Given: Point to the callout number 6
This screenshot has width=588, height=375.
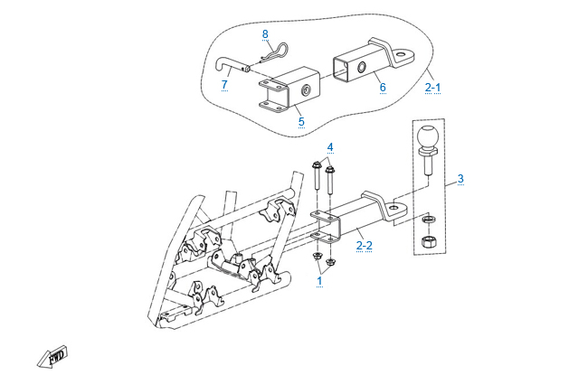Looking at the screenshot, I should point(383,88).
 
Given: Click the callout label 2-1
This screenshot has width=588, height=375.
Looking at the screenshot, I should point(433,87).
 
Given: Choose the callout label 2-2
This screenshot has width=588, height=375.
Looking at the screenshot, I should point(364,244).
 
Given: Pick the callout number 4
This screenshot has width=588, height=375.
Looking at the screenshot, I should point(330,146).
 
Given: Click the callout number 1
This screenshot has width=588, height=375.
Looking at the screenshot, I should point(318,280).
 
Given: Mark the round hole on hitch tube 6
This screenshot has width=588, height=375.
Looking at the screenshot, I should point(359,69).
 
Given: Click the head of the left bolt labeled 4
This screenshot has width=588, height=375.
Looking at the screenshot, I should point(317,165).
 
